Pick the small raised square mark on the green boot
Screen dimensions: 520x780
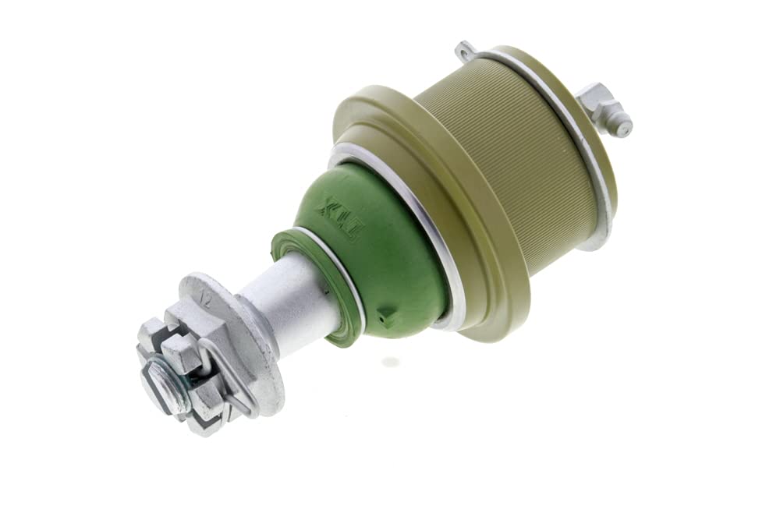(381, 317)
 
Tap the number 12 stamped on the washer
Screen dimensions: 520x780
(206, 298)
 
